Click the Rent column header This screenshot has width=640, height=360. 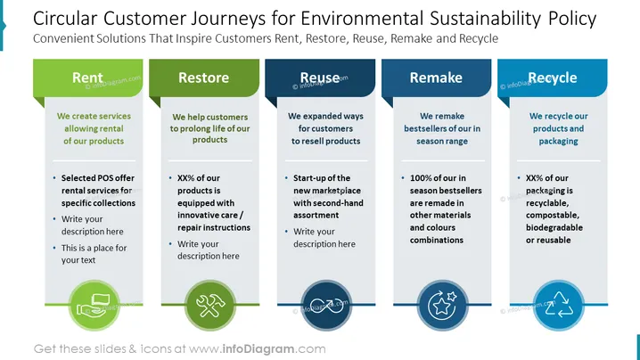click(x=87, y=78)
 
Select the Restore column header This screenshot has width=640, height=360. click(x=203, y=78)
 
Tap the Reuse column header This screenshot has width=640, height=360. click(x=320, y=78)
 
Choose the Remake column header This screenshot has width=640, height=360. click(x=436, y=78)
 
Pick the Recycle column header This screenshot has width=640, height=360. click(x=553, y=78)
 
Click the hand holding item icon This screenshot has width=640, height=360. click(x=93, y=306)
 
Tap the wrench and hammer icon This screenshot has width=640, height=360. click(x=210, y=306)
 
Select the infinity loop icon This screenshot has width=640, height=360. click(x=326, y=306)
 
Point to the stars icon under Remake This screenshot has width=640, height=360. click(x=442, y=306)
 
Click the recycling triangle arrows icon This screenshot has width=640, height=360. click(x=559, y=305)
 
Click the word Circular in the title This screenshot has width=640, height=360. click(x=65, y=19)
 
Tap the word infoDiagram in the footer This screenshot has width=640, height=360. click(x=258, y=349)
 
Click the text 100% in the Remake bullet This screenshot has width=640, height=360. click(x=421, y=178)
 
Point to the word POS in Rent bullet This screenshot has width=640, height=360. click(x=106, y=178)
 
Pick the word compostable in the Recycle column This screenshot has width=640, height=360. click(x=553, y=215)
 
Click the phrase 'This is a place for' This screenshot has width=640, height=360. click(x=94, y=248)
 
